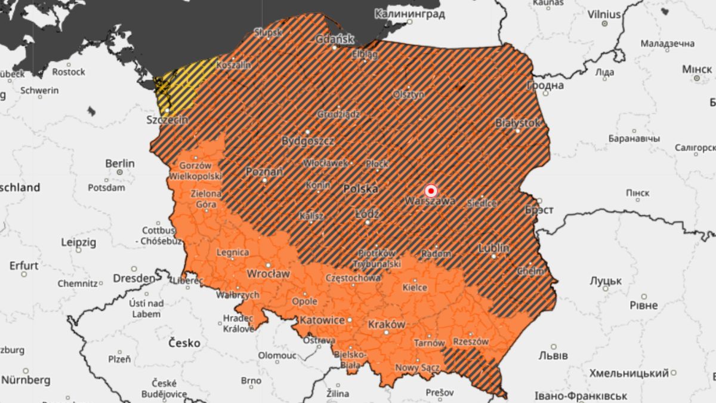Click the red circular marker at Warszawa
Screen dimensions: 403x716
[x=431, y=190]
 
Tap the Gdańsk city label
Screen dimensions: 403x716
[x=335, y=39]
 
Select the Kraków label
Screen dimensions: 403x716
[x=387, y=324]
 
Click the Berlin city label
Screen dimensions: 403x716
[x=120, y=164]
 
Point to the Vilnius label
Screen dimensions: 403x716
[x=604, y=14]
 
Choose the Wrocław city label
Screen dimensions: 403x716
[x=268, y=273]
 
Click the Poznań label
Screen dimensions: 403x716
[x=264, y=172]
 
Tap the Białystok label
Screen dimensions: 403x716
[x=517, y=122]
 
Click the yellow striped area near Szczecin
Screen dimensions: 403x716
[x=179, y=84]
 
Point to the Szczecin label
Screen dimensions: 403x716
[x=167, y=120]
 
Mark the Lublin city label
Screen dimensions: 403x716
[x=493, y=248]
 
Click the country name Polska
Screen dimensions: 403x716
[x=360, y=189]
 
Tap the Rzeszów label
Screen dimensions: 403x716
[x=471, y=342]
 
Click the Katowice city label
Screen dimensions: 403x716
[x=322, y=321]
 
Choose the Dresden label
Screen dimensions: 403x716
[x=134, y=278]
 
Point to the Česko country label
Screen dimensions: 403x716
[x=184, y=343]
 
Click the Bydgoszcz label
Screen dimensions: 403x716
[x=308, y=141]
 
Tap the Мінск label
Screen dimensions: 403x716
[x=697, y=70]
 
